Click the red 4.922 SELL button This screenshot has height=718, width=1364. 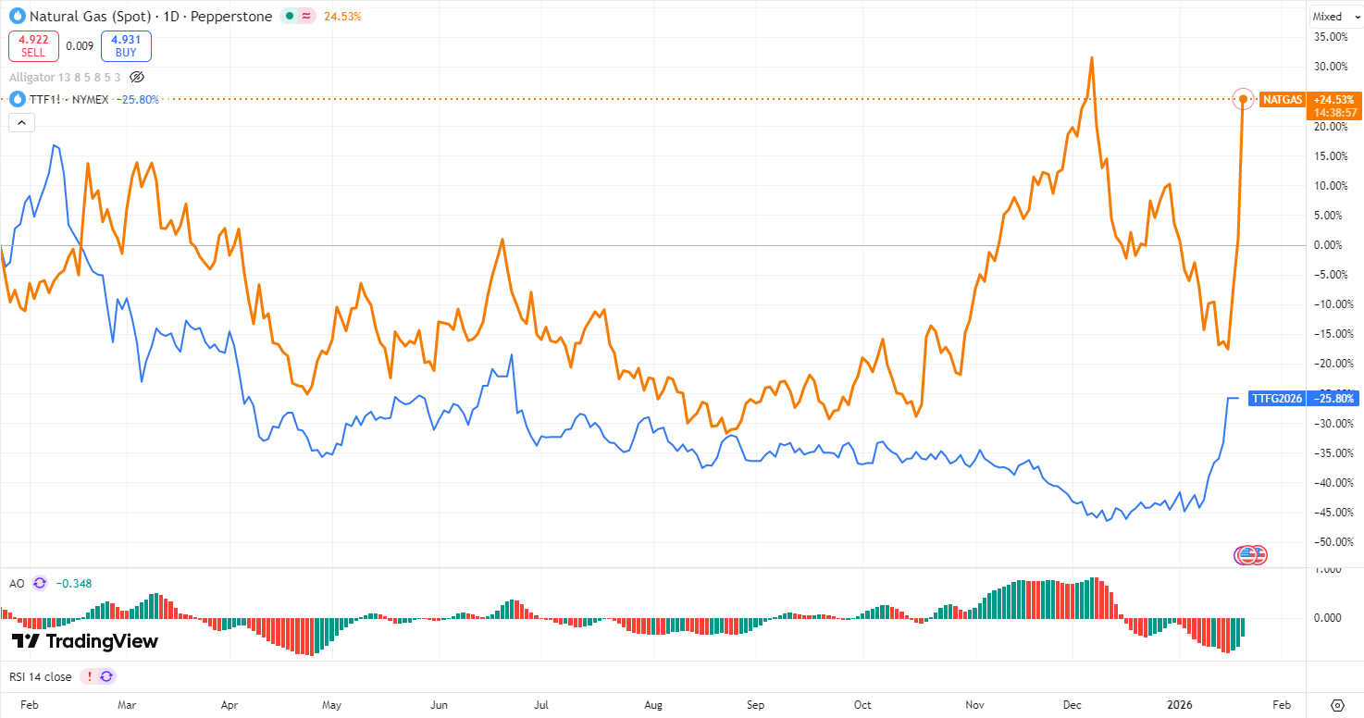tap(33, 46)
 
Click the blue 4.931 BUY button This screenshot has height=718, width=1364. tap(126, 46)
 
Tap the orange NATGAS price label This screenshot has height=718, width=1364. tap(1281, 99)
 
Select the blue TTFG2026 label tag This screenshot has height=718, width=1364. tap(1276, 398)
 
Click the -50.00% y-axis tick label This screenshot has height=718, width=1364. tap(1331, 541)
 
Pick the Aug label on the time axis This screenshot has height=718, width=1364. tap(653, 704)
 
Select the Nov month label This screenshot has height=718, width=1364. tap(974, 704)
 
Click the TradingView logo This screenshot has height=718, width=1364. tap(85, 641)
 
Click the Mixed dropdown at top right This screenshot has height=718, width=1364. tap(1333, 16)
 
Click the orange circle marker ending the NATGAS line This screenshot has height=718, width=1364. tap(1244, 99)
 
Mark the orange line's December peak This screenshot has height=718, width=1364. tap(1092, 58)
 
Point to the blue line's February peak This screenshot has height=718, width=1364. tap(56, 145)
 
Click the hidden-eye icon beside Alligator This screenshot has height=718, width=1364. tap(137, 77)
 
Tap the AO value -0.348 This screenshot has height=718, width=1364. tap(73, 583)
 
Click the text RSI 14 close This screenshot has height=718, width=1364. tap(40, 676)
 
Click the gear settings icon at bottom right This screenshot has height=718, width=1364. tap(1336, 704)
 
